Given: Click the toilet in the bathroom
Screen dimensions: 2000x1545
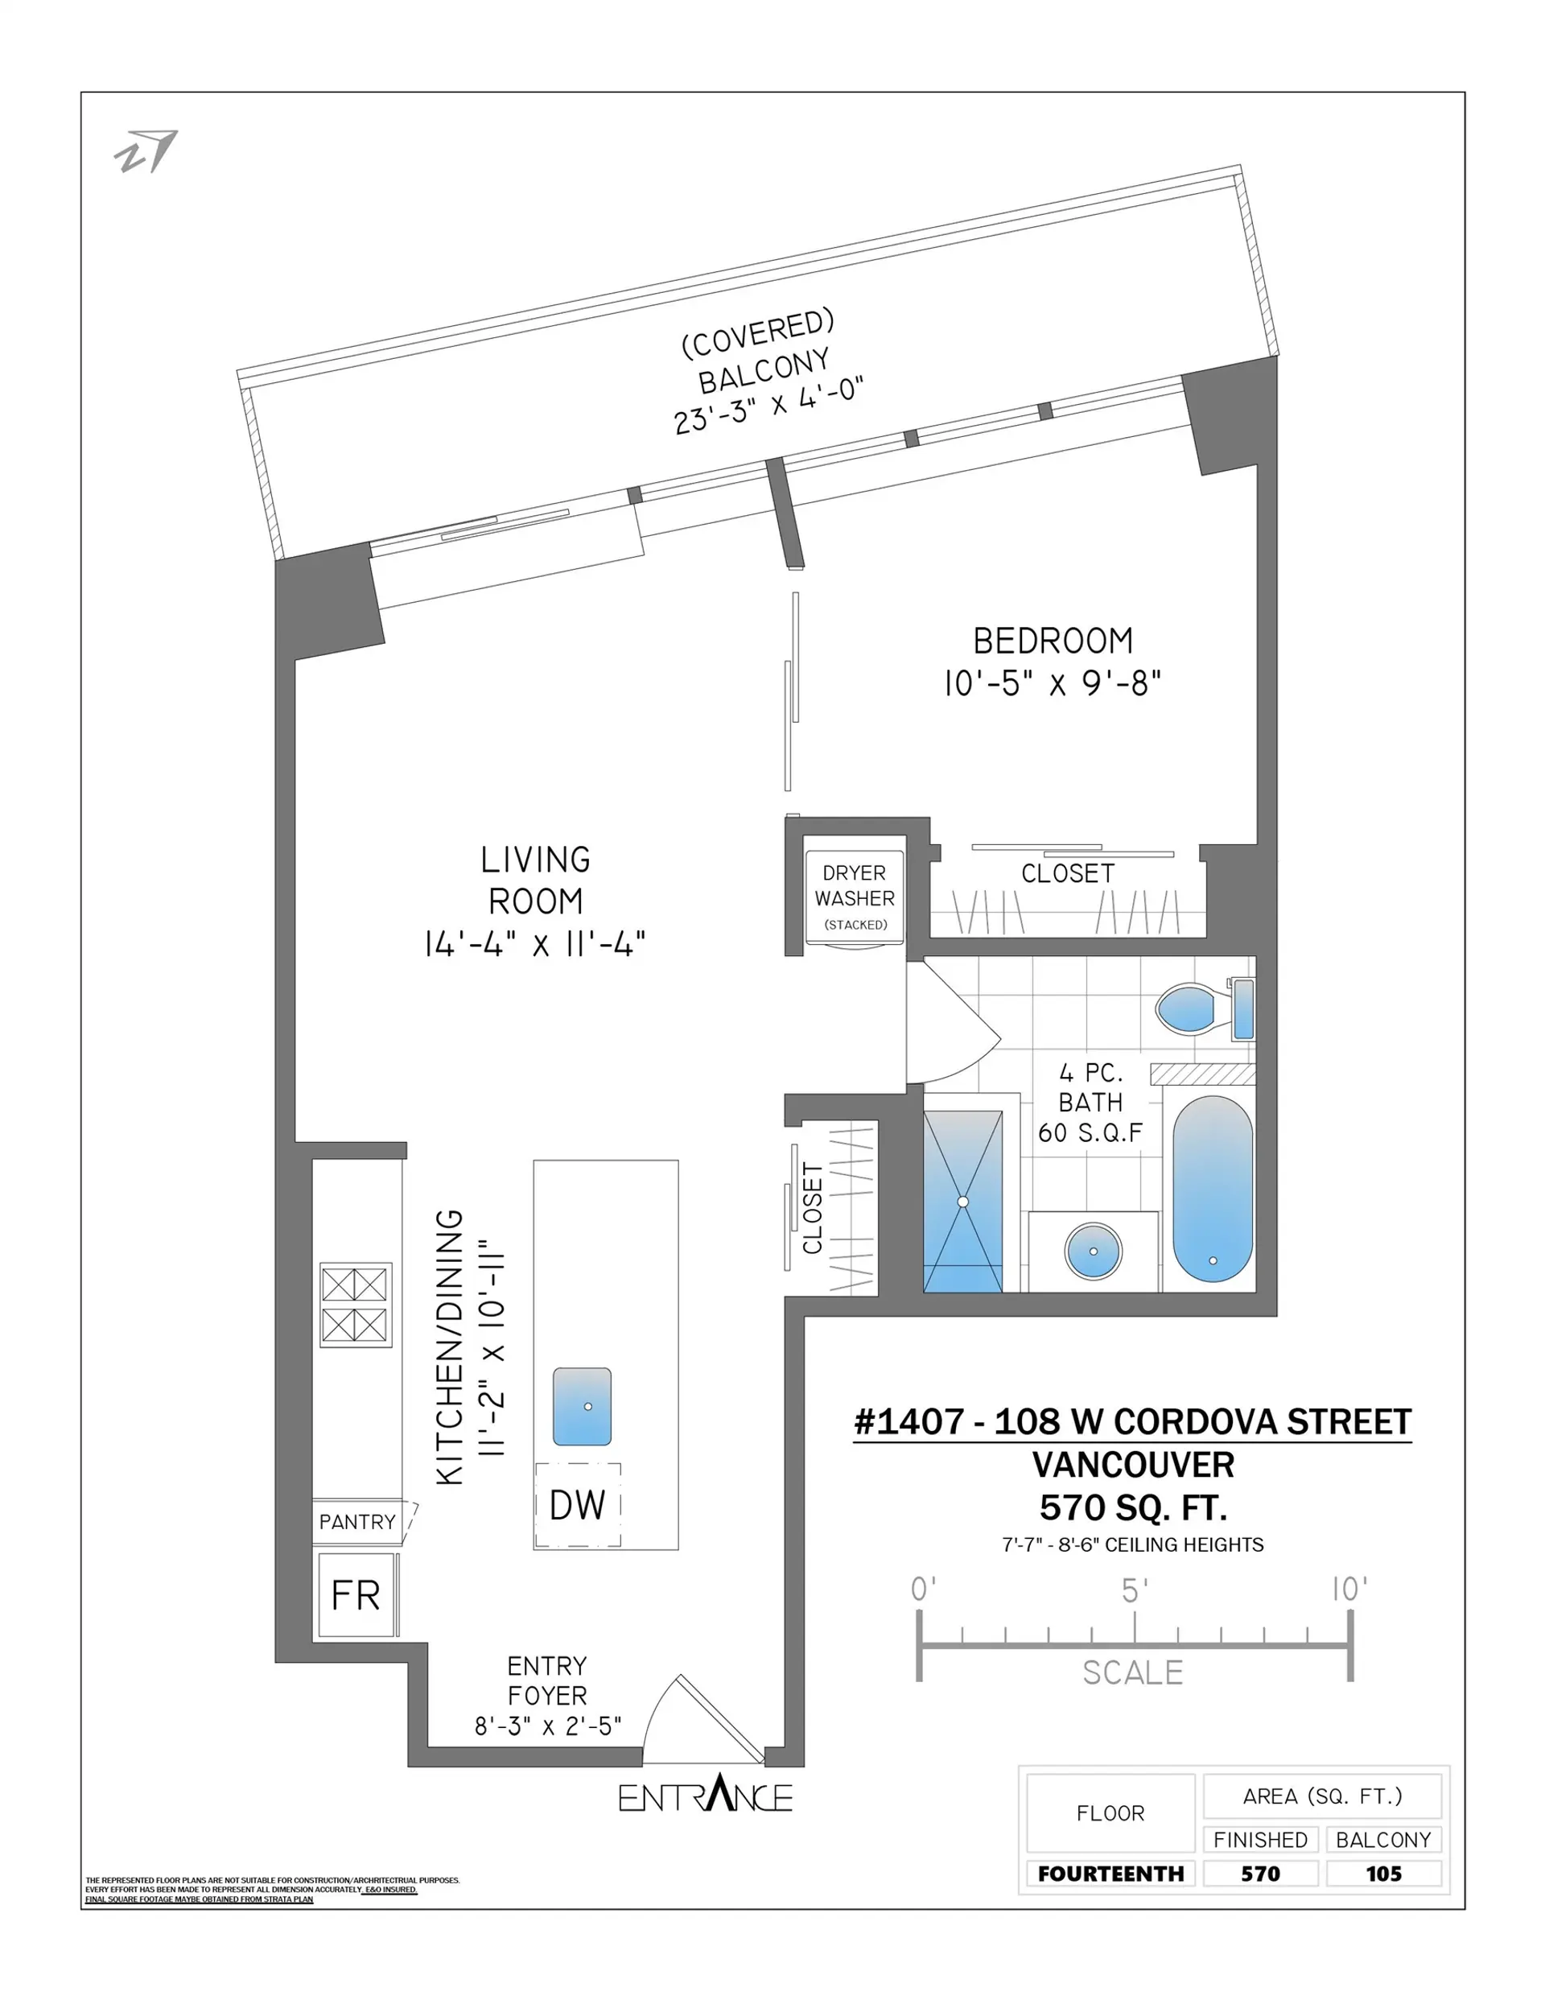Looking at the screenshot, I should coord(1191,1008).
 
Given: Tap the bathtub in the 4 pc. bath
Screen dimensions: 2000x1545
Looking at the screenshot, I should coord(1212,1189).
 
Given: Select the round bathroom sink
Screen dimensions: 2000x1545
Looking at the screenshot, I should coord(1093,1251).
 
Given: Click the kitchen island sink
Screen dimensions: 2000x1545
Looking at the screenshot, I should coord(582,1407).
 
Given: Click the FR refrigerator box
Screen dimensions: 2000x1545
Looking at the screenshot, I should coord(356,1596).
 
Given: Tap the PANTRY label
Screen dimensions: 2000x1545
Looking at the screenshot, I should coord(357,1522).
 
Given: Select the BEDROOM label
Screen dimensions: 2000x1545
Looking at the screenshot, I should coord(1053,641).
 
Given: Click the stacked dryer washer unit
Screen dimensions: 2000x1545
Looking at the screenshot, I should coord(854,897).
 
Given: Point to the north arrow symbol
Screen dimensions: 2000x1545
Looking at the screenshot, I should coord(146,151).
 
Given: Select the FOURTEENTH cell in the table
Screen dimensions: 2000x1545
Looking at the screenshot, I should coord(1110,1874).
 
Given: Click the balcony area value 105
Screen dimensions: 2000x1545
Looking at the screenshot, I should coord(1383,1874).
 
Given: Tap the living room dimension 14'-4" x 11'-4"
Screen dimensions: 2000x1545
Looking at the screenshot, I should coord(535,943).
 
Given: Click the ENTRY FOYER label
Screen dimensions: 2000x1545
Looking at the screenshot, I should coord(546,1680).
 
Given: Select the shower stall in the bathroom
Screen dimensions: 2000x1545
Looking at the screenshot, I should coord(962,1202).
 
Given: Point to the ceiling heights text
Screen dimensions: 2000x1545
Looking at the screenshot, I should coord(1133,1545).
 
